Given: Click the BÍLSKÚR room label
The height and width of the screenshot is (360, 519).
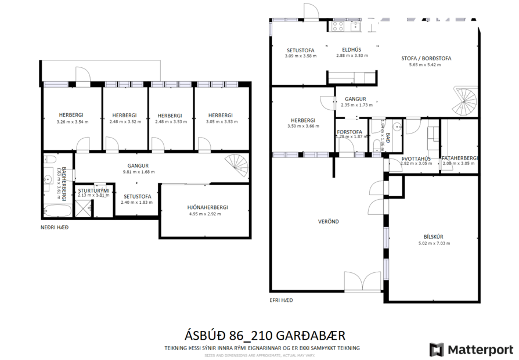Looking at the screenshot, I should tap(434, 236).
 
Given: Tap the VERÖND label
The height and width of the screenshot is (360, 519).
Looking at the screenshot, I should tap(328, 221).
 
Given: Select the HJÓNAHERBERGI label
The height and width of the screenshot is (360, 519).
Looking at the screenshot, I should tap(208, 207).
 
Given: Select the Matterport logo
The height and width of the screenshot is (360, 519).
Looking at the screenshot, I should tap(471, 350).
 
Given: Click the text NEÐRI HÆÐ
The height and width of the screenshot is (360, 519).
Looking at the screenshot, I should tap(55, 227).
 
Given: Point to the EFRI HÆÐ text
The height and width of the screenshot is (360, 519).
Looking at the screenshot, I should tap(281, 300).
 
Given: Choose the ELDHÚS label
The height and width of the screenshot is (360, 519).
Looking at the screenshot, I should tap(352, 50).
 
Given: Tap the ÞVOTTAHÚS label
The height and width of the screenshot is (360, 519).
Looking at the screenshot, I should tap(416, 159).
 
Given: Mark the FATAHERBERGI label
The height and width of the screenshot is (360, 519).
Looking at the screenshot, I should tap(460, 159).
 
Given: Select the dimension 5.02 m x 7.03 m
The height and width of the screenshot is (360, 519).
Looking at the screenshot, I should tap(434, 243).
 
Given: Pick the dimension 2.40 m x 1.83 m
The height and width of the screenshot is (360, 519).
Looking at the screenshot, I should tap(137, 202).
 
